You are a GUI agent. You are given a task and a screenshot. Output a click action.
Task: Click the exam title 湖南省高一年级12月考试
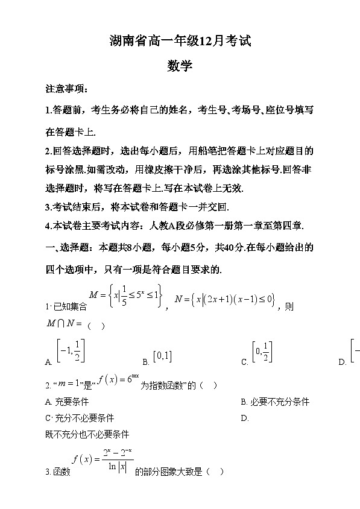pos(180,41)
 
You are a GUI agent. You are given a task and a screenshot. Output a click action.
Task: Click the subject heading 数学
pos(180,66)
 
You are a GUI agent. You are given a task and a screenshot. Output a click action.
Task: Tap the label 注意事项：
pos(67,90)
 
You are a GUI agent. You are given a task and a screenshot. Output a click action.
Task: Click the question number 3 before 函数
pos(47,472)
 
